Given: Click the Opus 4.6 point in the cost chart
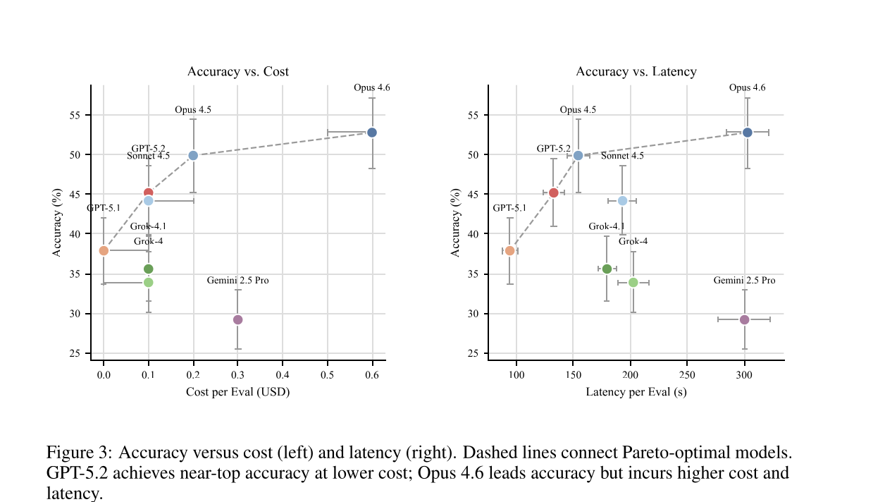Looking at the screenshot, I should (x=372, y=133).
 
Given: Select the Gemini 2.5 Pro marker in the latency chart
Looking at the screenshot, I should (x=744, y=319).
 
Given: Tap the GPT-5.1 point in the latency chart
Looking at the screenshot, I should (x=509, y=250).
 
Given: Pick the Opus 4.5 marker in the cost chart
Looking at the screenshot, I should (x=193, y=155).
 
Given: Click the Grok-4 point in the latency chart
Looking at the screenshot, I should (x=633, y=282).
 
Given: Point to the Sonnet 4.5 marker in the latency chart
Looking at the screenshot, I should (x=622, y=201).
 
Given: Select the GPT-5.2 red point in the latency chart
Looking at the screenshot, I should (x=553, y=192).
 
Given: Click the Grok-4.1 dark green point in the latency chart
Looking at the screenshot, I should (x=607, y=269).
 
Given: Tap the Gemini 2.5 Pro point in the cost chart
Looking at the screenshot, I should (x=237, y=319).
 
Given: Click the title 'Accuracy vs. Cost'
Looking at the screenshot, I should (x=237, y=72).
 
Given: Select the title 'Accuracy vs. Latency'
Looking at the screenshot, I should (x=636, y=72).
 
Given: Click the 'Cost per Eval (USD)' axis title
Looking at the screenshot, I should (x=237, y=392).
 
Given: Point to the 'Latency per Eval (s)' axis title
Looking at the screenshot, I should (x=636, y=392).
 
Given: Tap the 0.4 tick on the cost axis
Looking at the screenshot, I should (x=283, y=374).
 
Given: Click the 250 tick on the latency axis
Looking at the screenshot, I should (x=687, y=374).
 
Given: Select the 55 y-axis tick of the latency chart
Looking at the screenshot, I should (x=473, y=116).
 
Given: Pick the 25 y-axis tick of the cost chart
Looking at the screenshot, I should (x=75, y=353).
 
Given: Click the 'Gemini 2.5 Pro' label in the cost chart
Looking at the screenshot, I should (x=237, y=281).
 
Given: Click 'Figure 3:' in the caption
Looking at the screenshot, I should (x=79, y=452).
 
